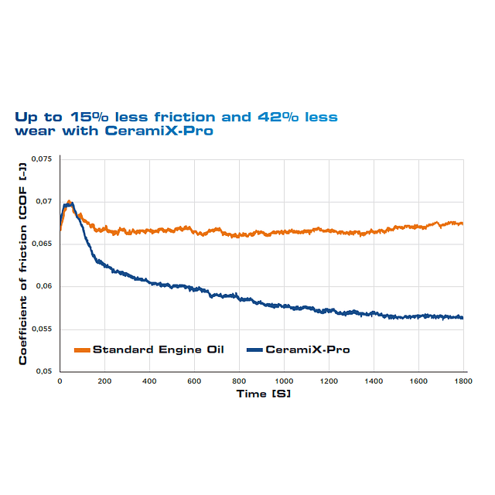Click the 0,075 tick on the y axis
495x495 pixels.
coord(41,159)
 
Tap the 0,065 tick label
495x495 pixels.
coord(41,244)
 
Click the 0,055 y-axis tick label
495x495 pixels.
coord(41,329)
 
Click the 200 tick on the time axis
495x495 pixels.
coord(104,382)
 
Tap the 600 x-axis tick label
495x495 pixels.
coord(194,382)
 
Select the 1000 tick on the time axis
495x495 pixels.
coord(284,382)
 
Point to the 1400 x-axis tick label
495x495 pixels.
coord(374,382)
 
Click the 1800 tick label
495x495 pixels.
coord(463,382)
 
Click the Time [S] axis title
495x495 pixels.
coord(263,394)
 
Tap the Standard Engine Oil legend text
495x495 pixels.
coord(159,350)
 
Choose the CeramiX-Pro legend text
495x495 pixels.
coord(307,350)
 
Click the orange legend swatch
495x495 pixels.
coord(82,350)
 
